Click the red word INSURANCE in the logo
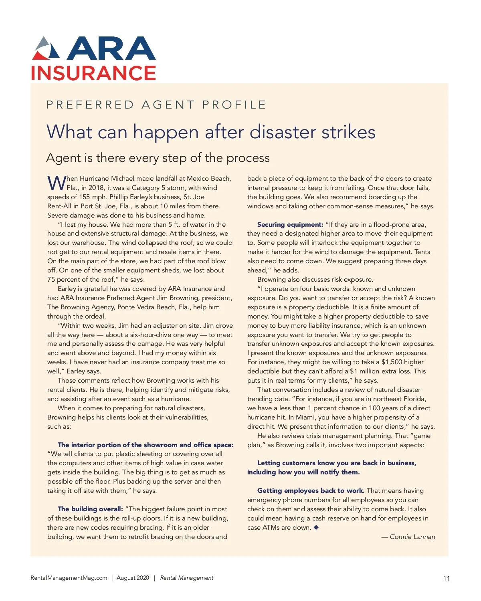coord(93,73)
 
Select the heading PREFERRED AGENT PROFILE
coord(156,105)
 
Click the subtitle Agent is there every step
coord(158,158)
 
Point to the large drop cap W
coord(57,183)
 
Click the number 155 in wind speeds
coord(85,197)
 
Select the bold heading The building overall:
coord(90,509)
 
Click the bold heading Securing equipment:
coord(290,225)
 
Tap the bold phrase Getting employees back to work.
coord(311,491)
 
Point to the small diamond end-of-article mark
coord(316,527)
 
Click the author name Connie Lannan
coord(412,537)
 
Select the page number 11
coord(447,579)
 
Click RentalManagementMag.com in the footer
coord(69,578)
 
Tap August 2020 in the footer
coord(133,578)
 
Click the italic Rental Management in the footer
coord(187,578)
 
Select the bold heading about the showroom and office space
coord(146,445)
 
